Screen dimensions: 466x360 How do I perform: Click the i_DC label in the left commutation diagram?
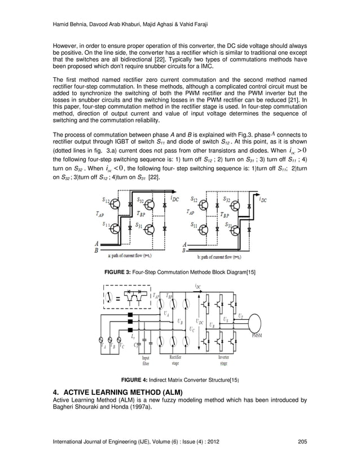(174, 199)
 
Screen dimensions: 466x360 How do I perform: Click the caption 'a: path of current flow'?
(125, 255)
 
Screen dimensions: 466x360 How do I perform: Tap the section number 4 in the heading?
(55, 391)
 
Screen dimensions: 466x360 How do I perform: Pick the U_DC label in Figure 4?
(200, 320)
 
